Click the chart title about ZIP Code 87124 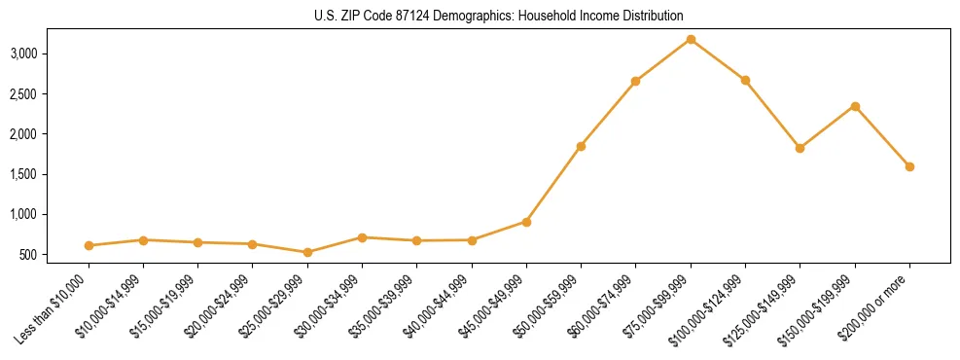[x=499, y=17]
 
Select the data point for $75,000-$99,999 [x=691, y=39]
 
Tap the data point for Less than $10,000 [x=89, y=246]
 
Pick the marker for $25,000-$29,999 [x=307, y=252]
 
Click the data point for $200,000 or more [x=909, y=166]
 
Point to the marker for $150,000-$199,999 [x=855, y=106]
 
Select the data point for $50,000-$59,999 [x=581, y=146]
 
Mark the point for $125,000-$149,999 [x=800, y=148]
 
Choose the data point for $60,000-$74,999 [x=635, y=81]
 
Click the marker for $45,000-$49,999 [x=526, y=222]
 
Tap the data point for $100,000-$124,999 [x=745, y=80]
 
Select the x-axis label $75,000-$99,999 [x=658, y=312]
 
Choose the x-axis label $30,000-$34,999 [x=330, y=312]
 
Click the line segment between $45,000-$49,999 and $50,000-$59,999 [x=553, y=184]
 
